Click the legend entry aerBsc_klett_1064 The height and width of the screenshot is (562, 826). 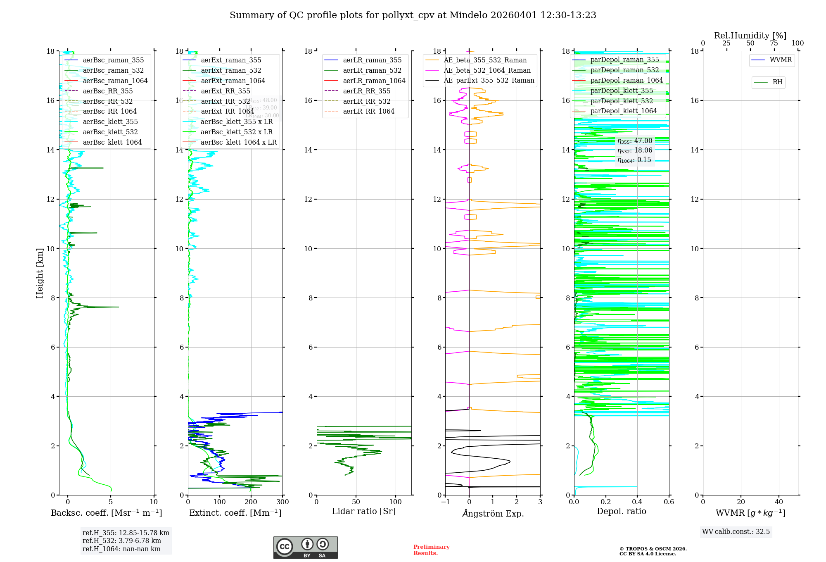click(112, 142)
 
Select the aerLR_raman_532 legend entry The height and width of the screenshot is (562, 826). click(372, 70)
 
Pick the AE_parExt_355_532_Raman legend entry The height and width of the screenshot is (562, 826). click(489, 81)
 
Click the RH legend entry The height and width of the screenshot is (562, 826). click(777, 82)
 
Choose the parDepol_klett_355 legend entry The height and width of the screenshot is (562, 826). click(622, 90)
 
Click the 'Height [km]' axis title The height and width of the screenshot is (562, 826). click(40, 273)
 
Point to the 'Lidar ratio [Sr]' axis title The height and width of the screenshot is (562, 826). click(364, 511)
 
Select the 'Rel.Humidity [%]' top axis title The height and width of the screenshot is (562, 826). click(750, 36)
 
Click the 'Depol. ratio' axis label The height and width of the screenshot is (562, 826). click(621, 511)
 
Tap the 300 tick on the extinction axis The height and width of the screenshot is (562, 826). click(283, 502)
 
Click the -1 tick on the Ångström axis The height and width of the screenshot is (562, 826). click(445, 502)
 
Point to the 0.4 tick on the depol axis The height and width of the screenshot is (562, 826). click(637, 502)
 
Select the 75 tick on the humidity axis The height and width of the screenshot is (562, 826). click(774, 43)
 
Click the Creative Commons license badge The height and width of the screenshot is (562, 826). click(305, 547)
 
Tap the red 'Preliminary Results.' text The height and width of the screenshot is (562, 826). click(431, 550)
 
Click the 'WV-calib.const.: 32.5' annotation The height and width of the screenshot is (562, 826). click(736, 532)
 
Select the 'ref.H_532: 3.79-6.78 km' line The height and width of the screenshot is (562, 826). click(122, 541)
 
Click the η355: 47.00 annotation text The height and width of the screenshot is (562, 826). click(635, 141)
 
